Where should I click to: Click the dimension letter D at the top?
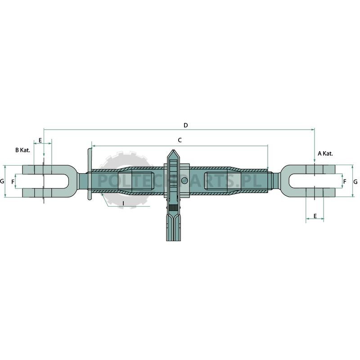pos(186,125)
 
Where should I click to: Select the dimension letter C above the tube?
pos(180,140)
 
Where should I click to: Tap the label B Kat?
pos(23,150)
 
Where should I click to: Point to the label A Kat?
pos(325,153)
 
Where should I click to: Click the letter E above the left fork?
pos(40,140)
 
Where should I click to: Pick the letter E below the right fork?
pos(315,216)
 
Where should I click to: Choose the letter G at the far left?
pos(2,181)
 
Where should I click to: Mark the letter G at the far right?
pos(355,182)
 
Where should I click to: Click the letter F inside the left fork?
pos(13,182)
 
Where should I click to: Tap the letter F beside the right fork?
pos(345,182)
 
